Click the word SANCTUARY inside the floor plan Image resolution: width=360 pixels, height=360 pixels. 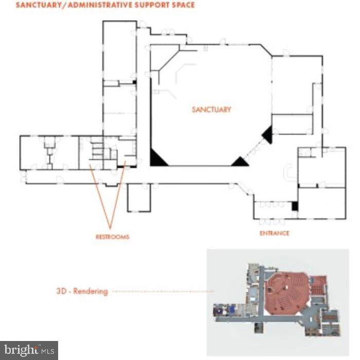click(211, 110)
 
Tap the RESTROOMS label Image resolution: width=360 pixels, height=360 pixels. click(113, 237)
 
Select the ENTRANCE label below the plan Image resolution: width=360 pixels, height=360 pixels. click(274, 233)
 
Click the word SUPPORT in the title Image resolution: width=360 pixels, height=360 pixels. click(152, 5)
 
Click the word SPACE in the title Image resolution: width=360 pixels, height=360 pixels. click(184, 5)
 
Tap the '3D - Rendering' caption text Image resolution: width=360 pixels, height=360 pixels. click(82, 291)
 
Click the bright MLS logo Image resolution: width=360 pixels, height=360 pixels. click(29, 351)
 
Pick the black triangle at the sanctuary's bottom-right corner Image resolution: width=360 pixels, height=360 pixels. click(240, 162)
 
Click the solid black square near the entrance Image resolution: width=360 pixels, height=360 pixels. click(295, 206)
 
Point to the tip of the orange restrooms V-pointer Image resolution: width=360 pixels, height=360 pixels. click(110, 229)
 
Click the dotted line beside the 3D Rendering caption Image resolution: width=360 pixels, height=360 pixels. click(164, 292)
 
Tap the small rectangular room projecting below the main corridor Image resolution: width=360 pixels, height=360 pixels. click(139, 197)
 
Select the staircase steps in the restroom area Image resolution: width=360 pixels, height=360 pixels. click(97, 151)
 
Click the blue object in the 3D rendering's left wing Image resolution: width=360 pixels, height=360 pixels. click(232, 309)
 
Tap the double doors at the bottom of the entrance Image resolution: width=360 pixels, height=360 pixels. click(272, 222)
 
